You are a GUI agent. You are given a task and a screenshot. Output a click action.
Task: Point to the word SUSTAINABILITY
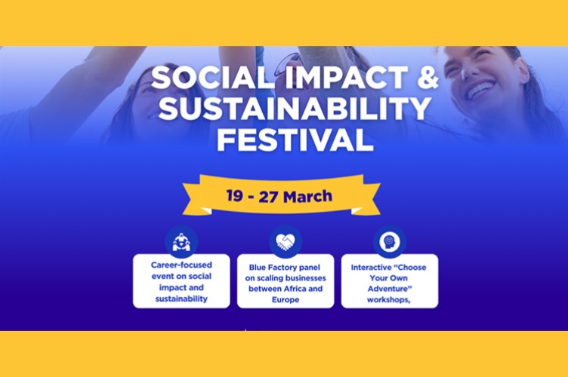click(x=283, y=110)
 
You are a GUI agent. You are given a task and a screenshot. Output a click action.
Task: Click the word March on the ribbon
click(x=310, y=196)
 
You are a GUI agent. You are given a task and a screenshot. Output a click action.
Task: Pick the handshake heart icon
click(x=285, y=242)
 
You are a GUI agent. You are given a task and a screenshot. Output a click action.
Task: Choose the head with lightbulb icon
click(x=389, y=242)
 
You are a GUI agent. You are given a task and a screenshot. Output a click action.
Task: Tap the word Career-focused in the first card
click(x=181, y=265)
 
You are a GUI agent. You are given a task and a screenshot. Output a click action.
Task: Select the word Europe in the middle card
click(x=285, y=299)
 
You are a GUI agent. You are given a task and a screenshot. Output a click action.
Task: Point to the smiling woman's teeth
click(x=480, y=90)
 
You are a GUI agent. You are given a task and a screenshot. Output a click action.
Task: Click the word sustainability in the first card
click(x=181, y=299)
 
